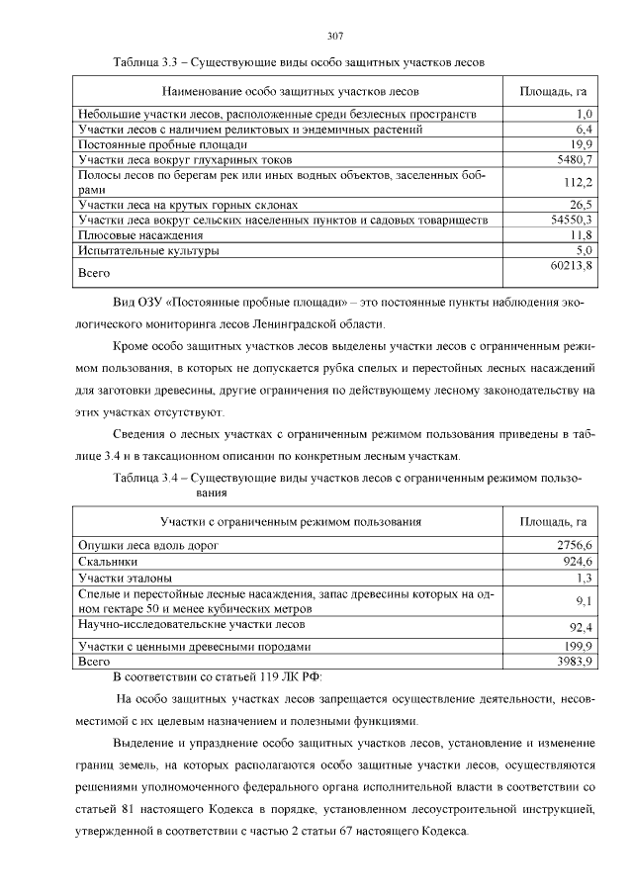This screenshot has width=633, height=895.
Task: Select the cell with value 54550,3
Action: pyautogui.click(x=571, y=220)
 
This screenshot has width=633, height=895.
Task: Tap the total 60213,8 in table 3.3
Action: pyautogui.click(x=571, y=266)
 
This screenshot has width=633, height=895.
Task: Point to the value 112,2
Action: pyautogui.click(x=576, y=182)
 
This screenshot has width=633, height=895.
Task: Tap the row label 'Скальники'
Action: pyautogui.click(x=108, y=561)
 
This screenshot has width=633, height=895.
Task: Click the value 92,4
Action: pyautogui.click(x=579, y=626)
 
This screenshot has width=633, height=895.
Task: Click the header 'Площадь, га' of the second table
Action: pyautogui.click(x=553, y=521)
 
